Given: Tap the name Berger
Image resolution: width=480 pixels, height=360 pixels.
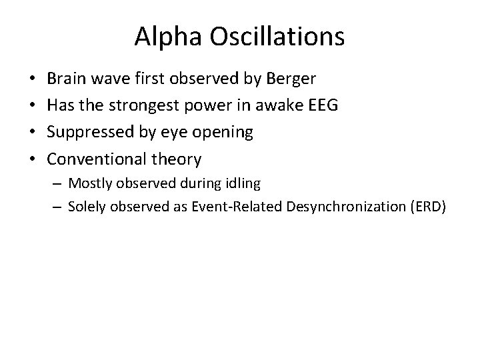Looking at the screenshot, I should click(291, 79).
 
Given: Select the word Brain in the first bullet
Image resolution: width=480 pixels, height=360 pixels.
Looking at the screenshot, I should click(68, 79).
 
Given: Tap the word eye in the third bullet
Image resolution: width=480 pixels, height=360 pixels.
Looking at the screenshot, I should click(175, 132).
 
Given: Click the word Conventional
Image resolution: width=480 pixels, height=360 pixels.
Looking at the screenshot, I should click(99, 159).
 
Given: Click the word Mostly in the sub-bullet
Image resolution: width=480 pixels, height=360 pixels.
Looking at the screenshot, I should click(89, 183).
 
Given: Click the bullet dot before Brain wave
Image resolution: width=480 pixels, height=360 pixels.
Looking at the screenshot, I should click(33, 79).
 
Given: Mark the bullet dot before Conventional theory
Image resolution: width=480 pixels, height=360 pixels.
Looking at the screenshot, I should click(33, 159).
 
